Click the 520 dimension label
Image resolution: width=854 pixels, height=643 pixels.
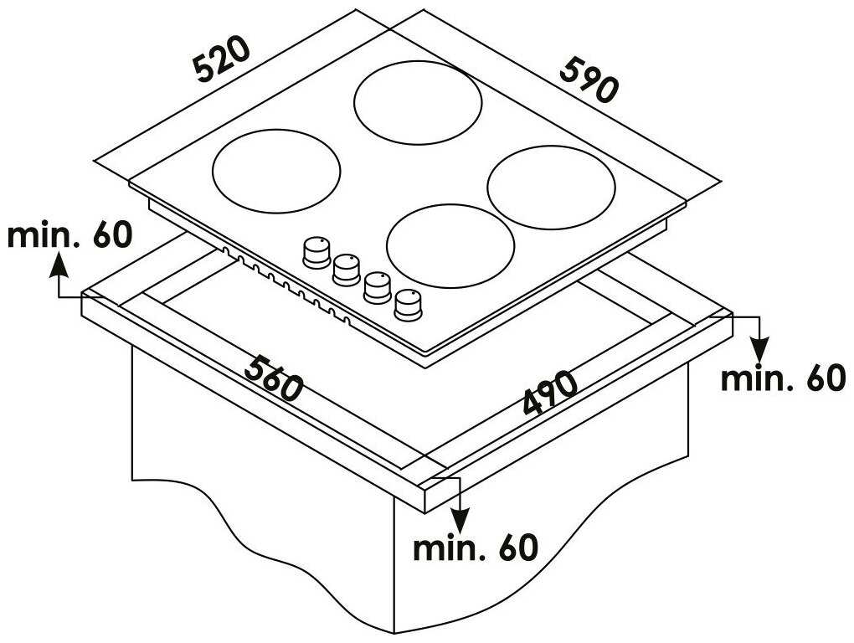pyautogui.click(x=222, y=60)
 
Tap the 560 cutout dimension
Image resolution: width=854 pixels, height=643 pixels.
pyautogui.click(x=273, y=378)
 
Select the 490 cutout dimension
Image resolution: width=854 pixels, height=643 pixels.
pyautogui.click(x=550, y=392)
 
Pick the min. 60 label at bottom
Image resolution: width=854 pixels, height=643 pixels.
pyautogui.click(x=476, y=548)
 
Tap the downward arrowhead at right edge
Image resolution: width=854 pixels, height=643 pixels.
pyautogui.click(x=759, y=349)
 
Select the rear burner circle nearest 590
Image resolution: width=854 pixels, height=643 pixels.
pyautogui.click(x=418, y=102)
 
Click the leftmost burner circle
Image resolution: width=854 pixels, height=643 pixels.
pyautogui.click(x=276, y=171)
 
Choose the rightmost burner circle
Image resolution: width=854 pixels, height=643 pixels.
pyautogui.click(x=551, y=188)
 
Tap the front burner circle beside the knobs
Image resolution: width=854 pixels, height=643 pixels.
pyautogui.click(x=450, y=245)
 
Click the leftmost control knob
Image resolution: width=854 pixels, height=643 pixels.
pyautogui.click(x=316, y=253)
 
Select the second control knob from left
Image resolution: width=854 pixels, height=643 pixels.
pyautogui.click(x=347, y=270)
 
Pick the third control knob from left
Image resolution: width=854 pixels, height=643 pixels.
pyautogui.click(x=378, y=287)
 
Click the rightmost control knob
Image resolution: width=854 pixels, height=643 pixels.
pyautogui.click(x=408, y=305)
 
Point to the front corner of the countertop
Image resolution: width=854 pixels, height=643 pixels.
pyautogui.click(x=424, y=512)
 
